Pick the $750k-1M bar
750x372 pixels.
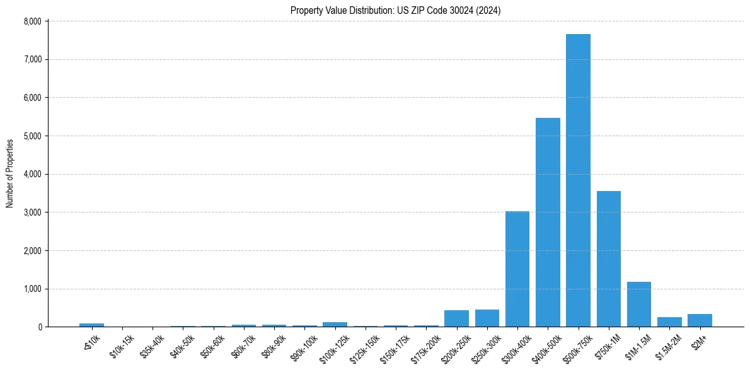609,259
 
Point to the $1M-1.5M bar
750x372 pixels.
639,304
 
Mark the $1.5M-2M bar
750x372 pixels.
669,322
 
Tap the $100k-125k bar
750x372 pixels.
335,324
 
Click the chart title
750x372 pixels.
396,10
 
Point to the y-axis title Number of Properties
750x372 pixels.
10,173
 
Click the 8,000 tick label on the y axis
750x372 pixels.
32,21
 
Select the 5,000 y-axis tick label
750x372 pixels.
32,136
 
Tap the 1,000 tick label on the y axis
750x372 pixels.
32,289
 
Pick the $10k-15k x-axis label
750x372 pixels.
122,346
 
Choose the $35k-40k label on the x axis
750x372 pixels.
152,346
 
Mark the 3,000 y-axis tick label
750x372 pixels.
32,212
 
